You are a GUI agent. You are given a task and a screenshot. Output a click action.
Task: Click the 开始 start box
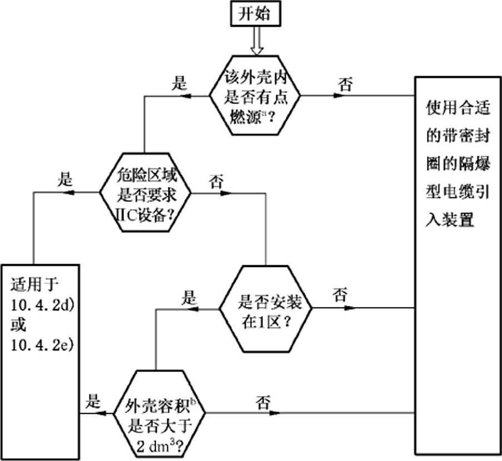(x=256, y=14)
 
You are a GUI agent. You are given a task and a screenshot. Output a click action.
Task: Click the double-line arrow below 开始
(x=256, y=42)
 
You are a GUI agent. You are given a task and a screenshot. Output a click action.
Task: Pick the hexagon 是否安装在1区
(x=265, y=308)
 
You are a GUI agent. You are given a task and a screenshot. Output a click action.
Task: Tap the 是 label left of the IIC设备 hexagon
(x=66, y=180)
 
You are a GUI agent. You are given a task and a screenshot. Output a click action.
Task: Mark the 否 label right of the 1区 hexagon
(x=340, y=294)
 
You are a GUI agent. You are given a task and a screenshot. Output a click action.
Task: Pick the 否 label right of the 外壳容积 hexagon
(x=263, y=401)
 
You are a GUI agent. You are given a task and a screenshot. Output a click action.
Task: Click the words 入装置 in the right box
(x=450, y=220)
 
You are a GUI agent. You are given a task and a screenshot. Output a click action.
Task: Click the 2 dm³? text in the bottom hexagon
(x=159, y=444)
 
